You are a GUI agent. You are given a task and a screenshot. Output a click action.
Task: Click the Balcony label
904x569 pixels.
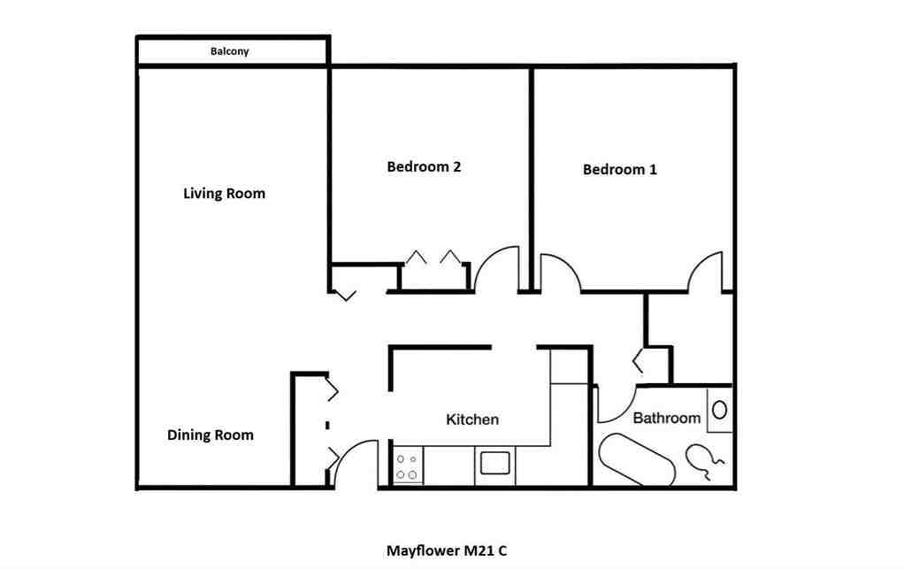pos(230,51)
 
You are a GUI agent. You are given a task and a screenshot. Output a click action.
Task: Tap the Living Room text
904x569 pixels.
pos(224,193)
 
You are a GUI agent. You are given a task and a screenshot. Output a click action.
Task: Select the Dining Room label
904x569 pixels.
pos(211,434)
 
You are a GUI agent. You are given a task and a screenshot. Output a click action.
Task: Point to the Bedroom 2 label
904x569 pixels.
pos(424,166)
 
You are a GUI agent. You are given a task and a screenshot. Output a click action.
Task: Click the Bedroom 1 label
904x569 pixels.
pos(619,169)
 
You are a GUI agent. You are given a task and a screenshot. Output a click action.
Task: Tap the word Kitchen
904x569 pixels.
pos(472,419)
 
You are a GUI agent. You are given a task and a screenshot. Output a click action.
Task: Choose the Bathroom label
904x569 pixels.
pos(666,418)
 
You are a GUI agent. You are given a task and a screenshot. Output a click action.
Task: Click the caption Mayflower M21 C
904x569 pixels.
pos(447,550)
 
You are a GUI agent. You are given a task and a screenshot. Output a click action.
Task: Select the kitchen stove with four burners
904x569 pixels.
pos(408,466)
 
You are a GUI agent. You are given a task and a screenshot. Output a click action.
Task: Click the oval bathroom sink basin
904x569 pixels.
pos(720,410)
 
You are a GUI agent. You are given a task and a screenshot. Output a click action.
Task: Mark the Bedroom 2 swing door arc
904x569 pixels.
pos(494,268)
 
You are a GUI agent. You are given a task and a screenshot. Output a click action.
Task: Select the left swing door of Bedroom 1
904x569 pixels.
pos(559,271)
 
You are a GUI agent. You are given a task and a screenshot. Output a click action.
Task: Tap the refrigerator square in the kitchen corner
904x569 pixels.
pos(569,365)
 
